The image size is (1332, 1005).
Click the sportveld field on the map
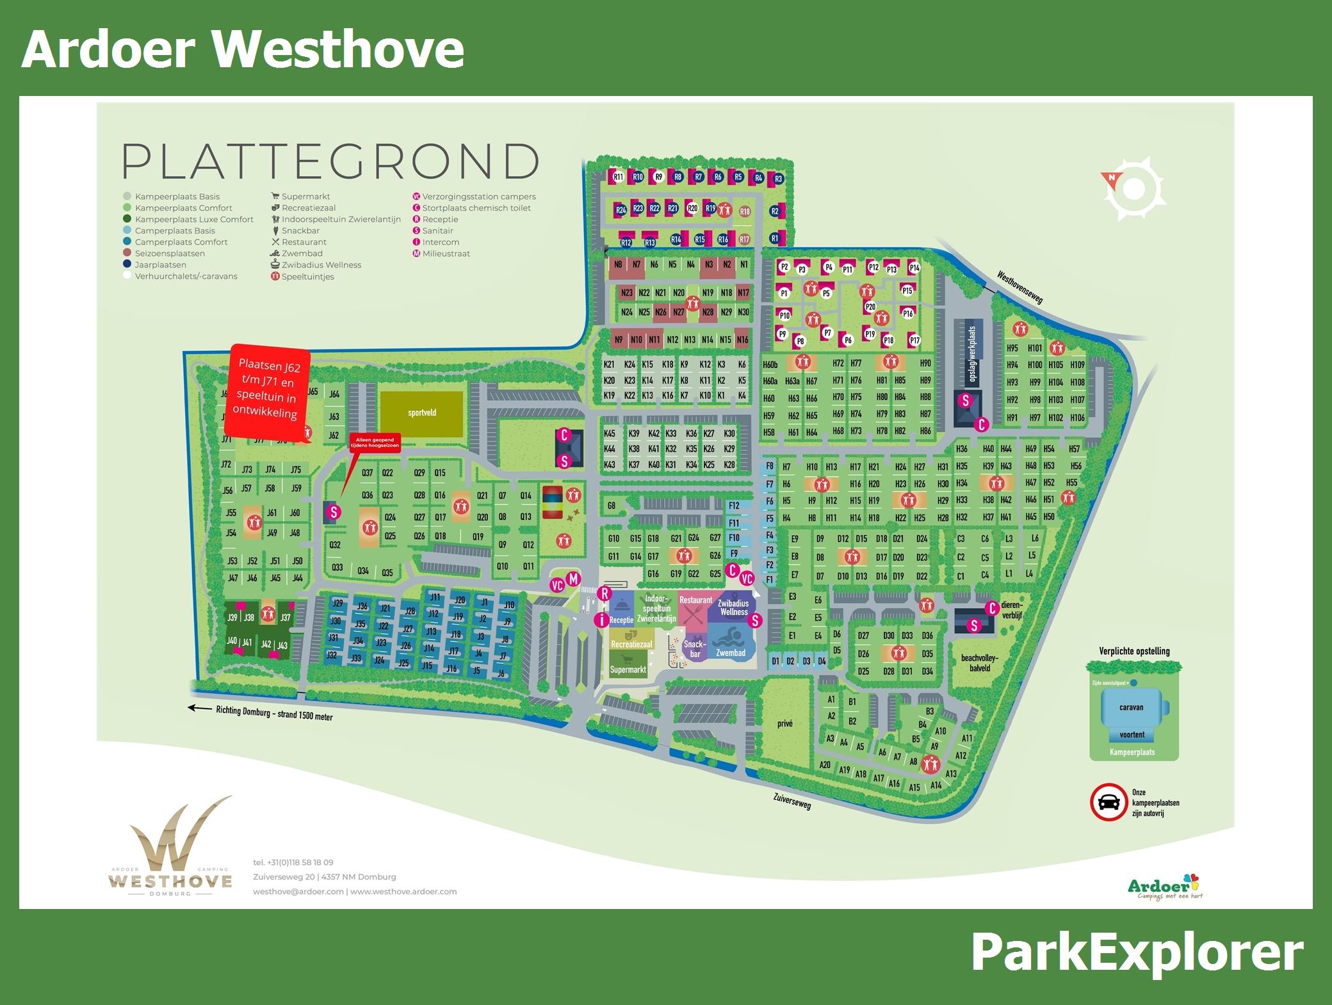click(421, 414)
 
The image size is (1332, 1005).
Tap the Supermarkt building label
click(628, 670)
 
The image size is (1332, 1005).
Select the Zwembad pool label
click(731, 653)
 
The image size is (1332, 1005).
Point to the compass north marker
click(1111, 178)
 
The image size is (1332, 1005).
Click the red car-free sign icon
click(1109, 802)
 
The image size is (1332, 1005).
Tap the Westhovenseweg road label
click(1020, 286)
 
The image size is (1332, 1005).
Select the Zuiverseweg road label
click(792, 801)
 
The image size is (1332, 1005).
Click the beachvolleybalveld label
click(980, 663)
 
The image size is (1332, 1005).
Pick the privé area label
click(784, 723)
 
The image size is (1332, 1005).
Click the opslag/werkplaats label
click(971, 355)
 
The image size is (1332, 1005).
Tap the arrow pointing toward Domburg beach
click(199, 708)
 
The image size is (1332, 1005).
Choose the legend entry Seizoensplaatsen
click(169, 253)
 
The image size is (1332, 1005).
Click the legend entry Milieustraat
click(446, 253)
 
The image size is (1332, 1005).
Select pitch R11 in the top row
click(618, 177)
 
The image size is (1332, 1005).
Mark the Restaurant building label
click(695, 600)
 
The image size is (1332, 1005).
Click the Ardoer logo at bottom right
click(1162, 887)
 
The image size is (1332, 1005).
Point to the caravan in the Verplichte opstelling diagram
click(1132, 707)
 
